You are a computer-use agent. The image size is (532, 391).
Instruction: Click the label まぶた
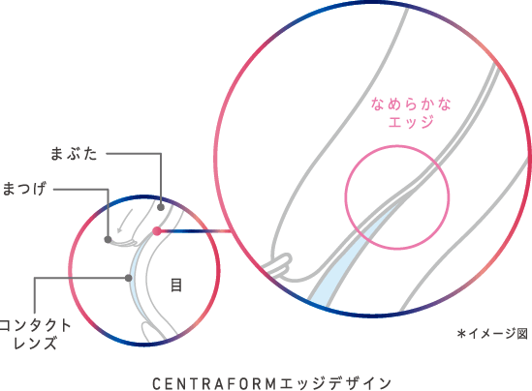click(x=74, y=154)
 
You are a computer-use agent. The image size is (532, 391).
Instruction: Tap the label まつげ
click(x=24, y=189)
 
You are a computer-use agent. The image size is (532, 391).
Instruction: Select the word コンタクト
click(x=35, y=325)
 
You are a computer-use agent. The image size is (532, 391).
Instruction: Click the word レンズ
click(x=35, y=343)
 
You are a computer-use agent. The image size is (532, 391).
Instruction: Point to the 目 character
click(x=176, y=286)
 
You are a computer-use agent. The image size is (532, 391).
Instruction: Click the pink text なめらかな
click(x=411, y=104)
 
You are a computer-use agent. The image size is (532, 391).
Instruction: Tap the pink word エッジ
click(x=411, y=122)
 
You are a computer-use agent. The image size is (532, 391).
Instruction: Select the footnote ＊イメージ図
click(x=492, y=334)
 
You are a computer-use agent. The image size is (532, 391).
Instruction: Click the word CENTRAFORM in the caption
click(x=214, y=384)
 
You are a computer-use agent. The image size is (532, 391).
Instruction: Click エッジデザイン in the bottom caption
click(x=335, y=384)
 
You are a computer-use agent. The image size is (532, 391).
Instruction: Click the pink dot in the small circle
click(x=157, y=231)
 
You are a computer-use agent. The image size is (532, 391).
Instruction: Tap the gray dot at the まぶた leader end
click(x=161, y=207)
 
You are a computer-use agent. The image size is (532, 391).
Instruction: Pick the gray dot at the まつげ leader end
click(x=108, y=240)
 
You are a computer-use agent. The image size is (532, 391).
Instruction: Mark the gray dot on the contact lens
click(x=128, y=278)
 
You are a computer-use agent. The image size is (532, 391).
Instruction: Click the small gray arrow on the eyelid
click(x=124, y=221)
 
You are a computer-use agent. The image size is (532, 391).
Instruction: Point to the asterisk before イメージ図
click(x=461, y=334)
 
